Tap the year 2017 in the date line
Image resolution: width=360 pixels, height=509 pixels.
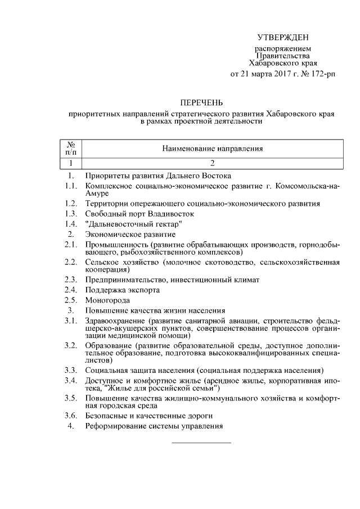click(x=276, y=74)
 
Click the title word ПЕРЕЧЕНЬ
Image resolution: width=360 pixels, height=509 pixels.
click(x=201, y=102)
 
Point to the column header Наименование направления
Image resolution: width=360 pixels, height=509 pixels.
click(x=213, y=149)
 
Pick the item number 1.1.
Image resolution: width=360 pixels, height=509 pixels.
click(x=71, y=186)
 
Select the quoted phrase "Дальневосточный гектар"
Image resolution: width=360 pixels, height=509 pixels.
click(x=133, y=224)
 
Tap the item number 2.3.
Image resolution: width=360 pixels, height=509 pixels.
click(x=71, y=280)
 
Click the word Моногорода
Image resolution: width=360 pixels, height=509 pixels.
click(x=107, y=300)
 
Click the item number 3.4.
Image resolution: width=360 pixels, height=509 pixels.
click(x=71, y=381)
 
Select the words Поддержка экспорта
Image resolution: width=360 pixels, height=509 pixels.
click(x=122, y=290)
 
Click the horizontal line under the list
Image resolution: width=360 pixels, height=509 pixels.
click(x=201, y=443)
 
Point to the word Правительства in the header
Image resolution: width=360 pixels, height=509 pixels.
click(x=283, y=56)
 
